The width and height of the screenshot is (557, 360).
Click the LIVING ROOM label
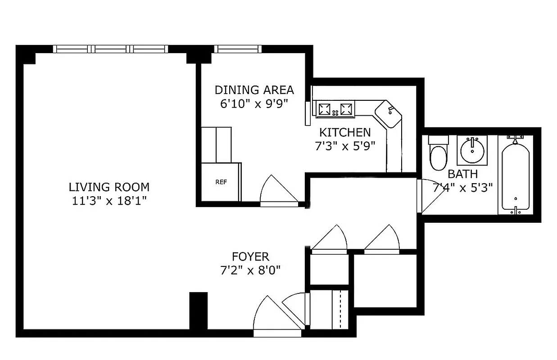coord(109,187)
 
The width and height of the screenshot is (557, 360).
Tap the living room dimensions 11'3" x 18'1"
coord(109,201)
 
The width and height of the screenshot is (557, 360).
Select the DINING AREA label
coord(254,90)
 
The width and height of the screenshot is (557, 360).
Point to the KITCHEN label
coord(345,132)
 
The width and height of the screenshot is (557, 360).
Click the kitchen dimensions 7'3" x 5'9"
coord(345,146)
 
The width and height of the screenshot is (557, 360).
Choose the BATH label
coord(462,174)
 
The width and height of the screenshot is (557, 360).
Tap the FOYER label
coord(250,257)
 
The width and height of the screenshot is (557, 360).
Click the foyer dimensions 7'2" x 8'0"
coord(250,271)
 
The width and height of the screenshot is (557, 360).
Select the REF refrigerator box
coord(221,182)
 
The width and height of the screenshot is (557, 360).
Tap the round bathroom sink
coord(472,150)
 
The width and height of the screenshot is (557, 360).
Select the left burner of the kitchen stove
coord(325,109)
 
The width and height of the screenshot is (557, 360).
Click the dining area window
coord(237,49)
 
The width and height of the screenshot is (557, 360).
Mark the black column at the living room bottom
coord(198,311)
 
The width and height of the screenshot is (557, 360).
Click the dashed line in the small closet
coord(340,310)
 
